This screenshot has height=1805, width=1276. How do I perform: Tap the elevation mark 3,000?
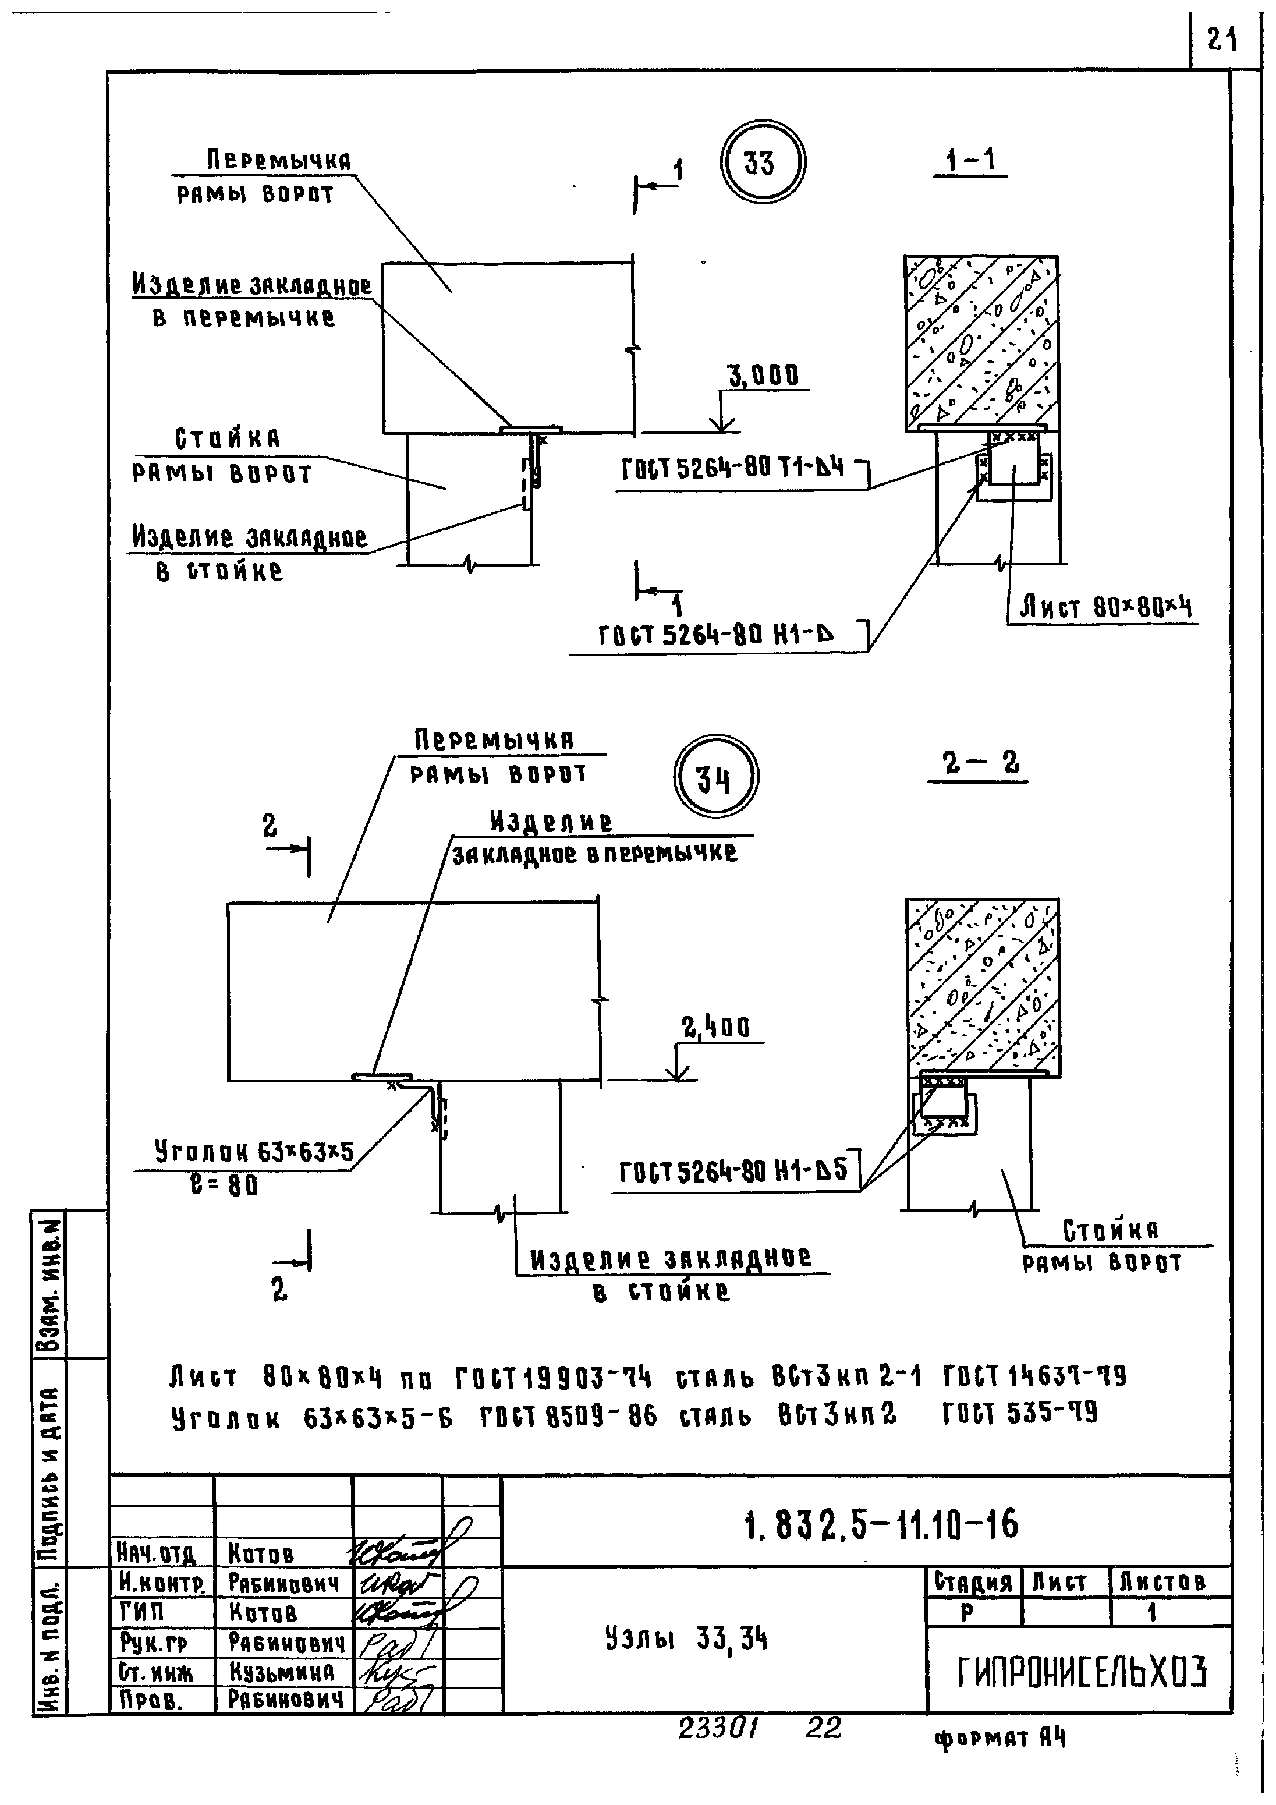pyautogui.click(x=763, y=377)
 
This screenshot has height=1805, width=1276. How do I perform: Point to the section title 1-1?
pyautogui.click(x=970, y=161)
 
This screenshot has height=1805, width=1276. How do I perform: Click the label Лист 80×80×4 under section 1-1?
pyautogui.click(x=1105, y=607)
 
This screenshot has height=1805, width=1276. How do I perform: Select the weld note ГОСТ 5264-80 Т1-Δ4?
pyautogui.click(x=733, y=469)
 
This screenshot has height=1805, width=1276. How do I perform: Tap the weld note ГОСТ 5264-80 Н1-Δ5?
pyautogui.click(x=733, y=1172)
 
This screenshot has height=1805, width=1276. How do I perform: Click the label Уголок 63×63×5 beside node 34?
pyautogui.click(x=253, y=1152)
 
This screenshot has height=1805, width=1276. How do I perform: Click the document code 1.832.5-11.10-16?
pyautogui.click(x=881, y=1525)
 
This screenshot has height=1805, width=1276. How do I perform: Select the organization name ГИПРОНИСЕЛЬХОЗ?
pyautogui.click(x=1081, y=1672)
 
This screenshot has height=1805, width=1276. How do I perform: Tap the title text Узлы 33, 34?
pyautogui.click(x=686, y=1639)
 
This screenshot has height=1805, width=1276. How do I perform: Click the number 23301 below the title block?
pyautogui.click(x=718, y=1727)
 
